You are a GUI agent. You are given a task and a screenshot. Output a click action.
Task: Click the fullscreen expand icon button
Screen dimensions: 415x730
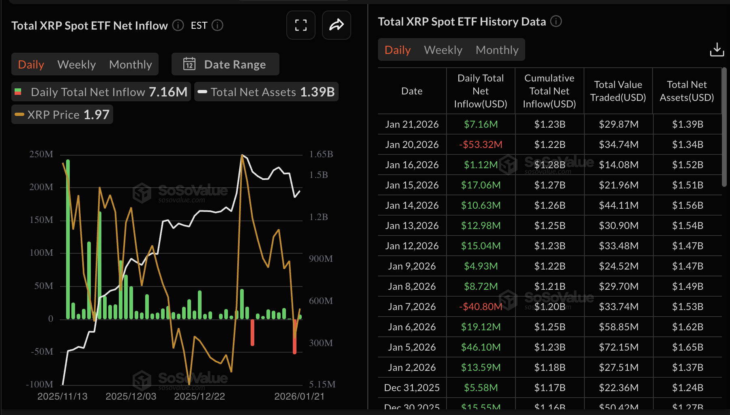coord(301,25)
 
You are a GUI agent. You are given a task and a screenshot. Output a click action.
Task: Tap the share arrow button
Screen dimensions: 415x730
coord(336,25)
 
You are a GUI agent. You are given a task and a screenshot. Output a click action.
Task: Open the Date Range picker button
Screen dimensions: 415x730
coord(225,64)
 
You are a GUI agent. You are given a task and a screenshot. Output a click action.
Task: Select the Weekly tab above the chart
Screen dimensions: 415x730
coord(77,64)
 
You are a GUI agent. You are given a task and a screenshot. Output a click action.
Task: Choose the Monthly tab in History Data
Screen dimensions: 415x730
coord(497,50)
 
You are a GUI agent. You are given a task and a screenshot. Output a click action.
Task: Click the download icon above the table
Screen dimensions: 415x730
coord(717,49)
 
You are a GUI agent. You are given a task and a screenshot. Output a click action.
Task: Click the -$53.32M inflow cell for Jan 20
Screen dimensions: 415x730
coord(481,145)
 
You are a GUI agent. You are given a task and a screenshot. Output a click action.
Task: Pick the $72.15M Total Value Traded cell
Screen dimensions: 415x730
coord(618,347)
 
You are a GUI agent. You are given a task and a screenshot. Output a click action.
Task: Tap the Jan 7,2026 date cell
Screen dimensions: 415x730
coord(412,307)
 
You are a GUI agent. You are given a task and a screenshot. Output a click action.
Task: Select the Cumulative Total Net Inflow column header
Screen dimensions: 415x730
coord(549,91)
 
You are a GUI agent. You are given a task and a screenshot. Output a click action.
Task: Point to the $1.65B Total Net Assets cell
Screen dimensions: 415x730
coord(687,347)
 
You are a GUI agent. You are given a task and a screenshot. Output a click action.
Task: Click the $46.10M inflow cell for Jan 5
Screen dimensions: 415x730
coord(481,347)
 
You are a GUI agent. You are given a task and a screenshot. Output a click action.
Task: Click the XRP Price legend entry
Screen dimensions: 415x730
coord(62,115)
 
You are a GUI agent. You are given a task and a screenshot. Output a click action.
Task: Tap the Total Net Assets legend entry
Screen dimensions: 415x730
coord(266,92)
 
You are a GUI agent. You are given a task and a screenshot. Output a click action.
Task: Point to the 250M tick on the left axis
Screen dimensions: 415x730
coord(41,154)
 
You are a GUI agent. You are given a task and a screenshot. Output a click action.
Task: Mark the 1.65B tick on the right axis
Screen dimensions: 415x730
coord(321,154)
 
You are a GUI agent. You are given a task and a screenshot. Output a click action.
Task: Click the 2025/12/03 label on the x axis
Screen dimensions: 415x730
coord(131,396)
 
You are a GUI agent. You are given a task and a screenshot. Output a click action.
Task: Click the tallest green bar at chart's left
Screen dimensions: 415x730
coord(68,239)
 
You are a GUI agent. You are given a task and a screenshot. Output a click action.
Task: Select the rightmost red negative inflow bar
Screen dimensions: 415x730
coord(295,336)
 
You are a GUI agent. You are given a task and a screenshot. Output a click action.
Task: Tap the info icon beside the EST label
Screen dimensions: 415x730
coord(218,26)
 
